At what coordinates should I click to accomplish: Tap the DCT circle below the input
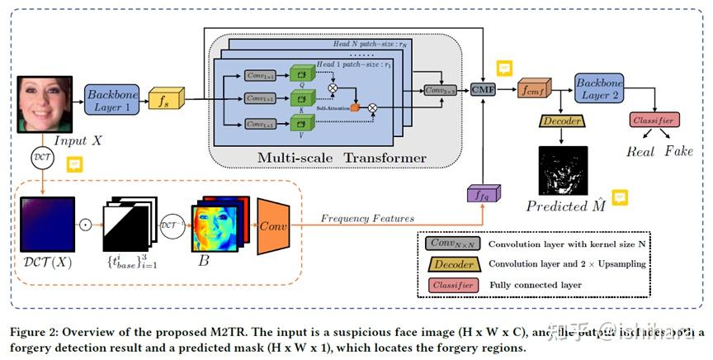pos(41,157)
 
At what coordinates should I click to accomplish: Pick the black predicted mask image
pos(562,171)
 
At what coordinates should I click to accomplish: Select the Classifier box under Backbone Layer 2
pos(654,121)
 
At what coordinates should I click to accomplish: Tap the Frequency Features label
pos(366,218)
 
